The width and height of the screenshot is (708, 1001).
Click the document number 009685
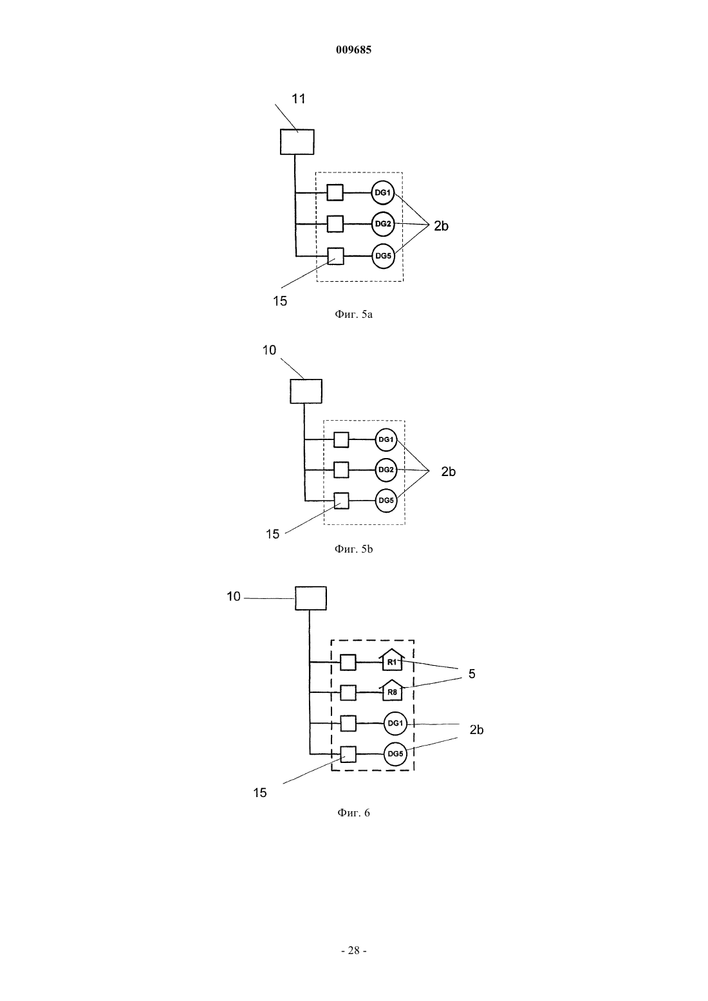click(x=353, y=50)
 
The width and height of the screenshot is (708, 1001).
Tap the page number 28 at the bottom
click(x=353, y=951)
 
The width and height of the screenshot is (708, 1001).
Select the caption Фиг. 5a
click(x=353, y=314)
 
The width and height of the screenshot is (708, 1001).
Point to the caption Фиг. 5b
click(x=353, y=549)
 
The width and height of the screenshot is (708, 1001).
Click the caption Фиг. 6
click(x=353, y=813)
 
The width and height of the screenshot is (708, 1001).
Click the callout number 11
click(x=299, y=99)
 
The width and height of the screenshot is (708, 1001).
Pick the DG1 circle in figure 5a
click(x=383, y=193)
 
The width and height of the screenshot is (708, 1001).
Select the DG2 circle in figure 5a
click(x=383, y=224)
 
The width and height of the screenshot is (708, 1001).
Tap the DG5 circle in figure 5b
click(x=386, y=500)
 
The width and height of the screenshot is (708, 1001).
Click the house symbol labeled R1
click(x=391, y=660)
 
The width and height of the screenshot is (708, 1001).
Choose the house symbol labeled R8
click(x=391, y=690)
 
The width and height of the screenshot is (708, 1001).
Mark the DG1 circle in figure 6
click(x=396, y=723)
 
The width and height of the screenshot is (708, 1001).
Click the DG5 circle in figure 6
click(x=396, y=754)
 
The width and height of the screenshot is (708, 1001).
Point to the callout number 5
click(x=472, y=674)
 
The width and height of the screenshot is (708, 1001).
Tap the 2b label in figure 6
click(x=476, y=730)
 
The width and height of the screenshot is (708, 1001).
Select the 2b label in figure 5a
click(x=441, y=226)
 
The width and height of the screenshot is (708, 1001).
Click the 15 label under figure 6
click(x=259, y=793)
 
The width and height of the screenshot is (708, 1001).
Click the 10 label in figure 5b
click(x=269, y=351)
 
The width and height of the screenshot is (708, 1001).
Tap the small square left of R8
click(x=348, y=693)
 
